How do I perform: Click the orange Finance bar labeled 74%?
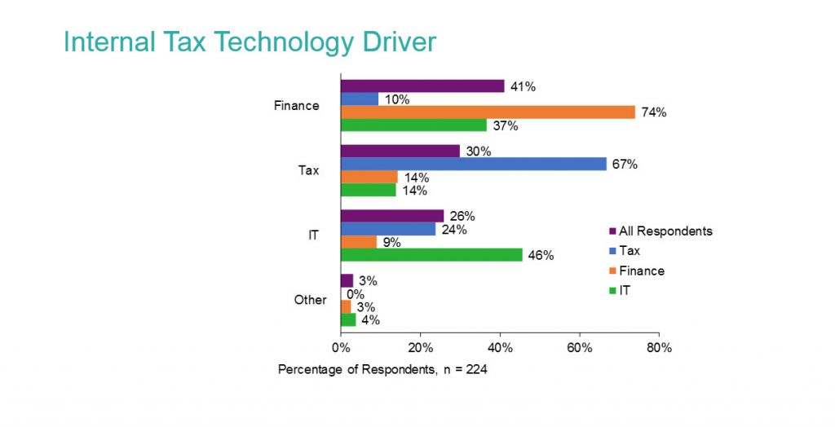(x=488, y=112)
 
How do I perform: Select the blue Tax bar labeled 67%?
(x=474, y=164)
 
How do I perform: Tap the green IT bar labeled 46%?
(x=431, y=255)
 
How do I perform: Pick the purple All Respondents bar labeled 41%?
(x=422, y=86)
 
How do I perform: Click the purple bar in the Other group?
(x=347, y=280)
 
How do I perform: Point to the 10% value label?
(x=398, y=99)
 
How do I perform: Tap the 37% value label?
(x=506, y=125)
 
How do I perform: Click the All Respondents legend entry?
(x=665, y=231)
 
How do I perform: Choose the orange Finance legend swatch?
(x=612, y=271)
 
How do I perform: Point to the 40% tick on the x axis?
(x=500, y=348)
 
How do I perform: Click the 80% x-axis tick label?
(x=659, y=348)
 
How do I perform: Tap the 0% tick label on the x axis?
(x=341, y=348)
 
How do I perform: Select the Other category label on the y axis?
(x=310, y=300)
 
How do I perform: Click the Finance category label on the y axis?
(x=297, y=106)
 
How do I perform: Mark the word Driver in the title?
(x=395, y=42)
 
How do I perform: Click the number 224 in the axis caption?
(x=477, y=369)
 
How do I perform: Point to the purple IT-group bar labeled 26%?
(x=392, y=216)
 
